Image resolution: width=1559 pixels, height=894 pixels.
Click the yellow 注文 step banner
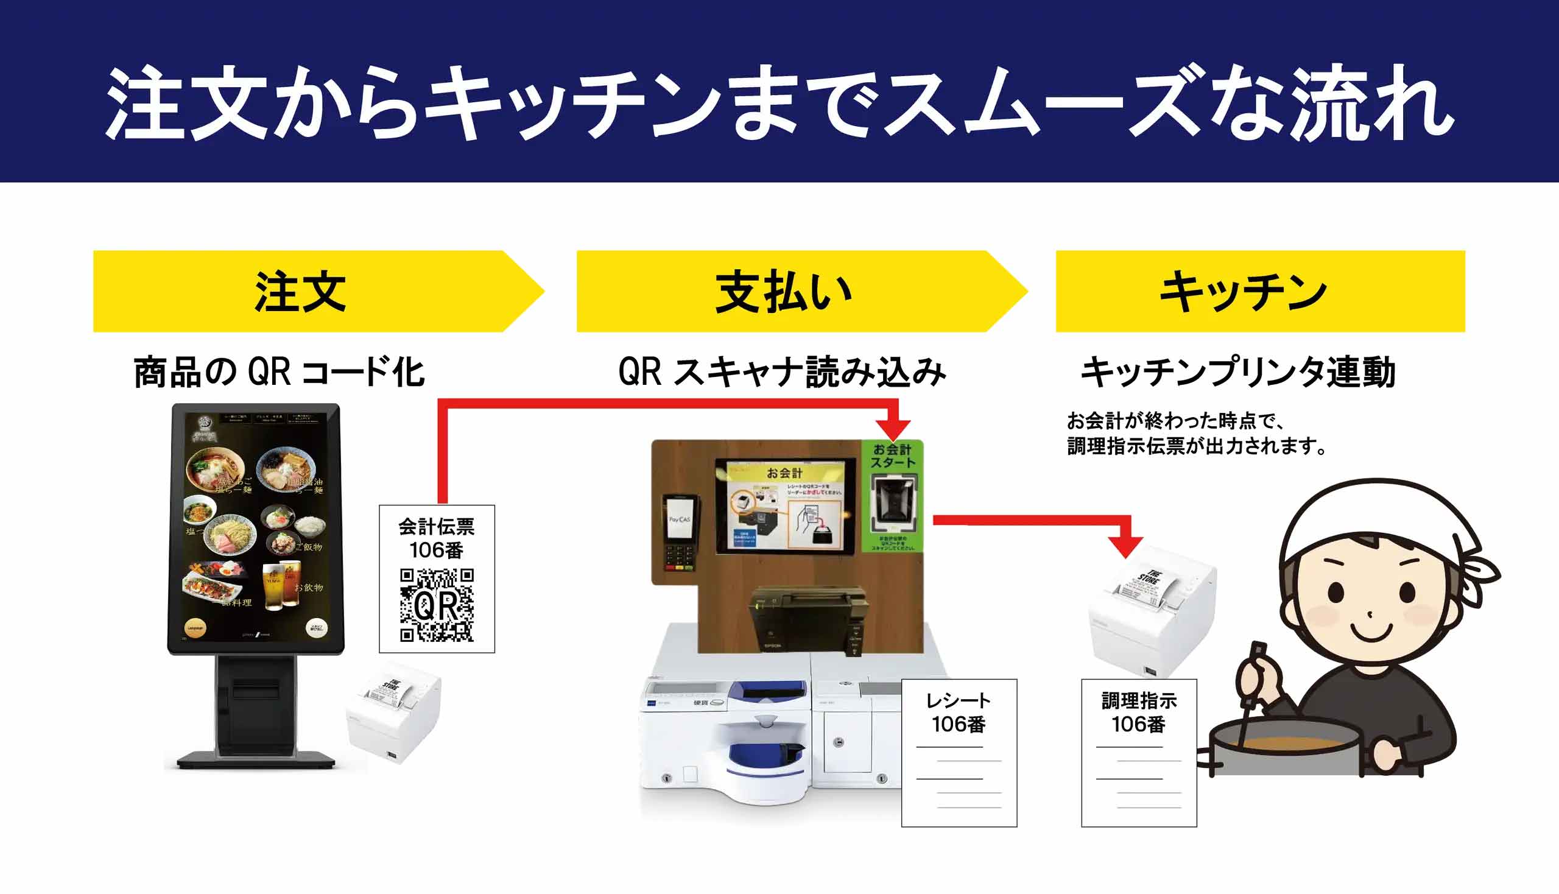point(301,291)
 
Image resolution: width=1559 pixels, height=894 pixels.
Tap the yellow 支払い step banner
point(784,291)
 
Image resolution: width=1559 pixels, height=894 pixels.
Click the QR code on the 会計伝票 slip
point(437,605)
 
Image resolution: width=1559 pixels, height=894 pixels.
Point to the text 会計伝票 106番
point(437,538)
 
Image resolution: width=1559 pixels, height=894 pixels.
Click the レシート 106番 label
point(959,713)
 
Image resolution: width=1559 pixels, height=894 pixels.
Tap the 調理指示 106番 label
point(1138,713)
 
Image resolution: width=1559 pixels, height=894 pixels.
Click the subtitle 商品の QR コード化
point(280,372)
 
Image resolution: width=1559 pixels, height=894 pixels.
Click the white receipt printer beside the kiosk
point(394,713)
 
